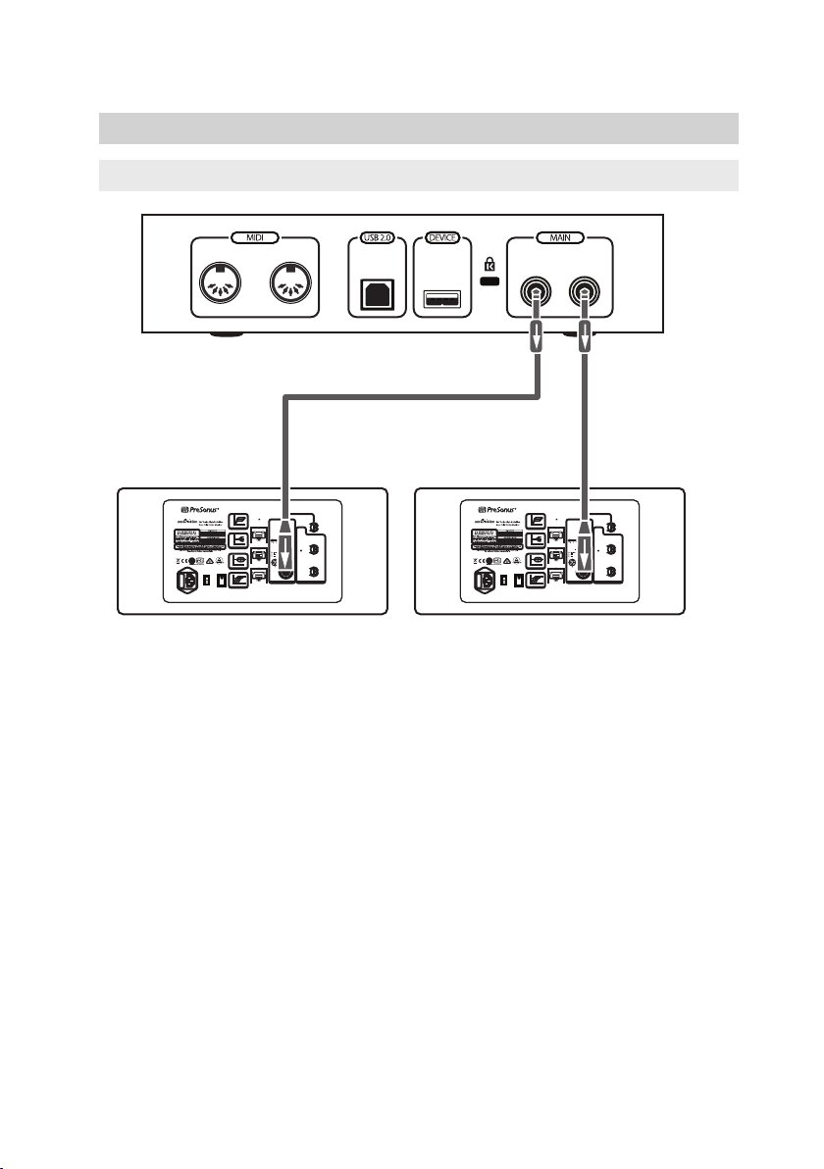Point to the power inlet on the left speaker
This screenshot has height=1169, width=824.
pyautogui.click(x=183, y=581)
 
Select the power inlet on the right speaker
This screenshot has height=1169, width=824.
pyautogui.click(x=482, y=581)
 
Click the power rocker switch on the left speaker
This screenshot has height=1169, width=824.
pyautogui.click(x=221, y=581)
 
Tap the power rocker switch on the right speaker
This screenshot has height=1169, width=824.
pyautogui.click(x=519, y=581)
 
